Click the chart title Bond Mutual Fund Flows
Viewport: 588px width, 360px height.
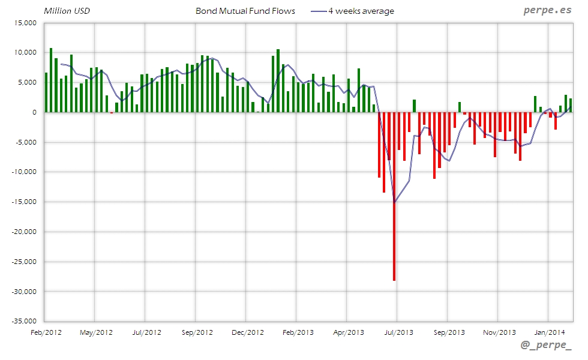[x=245, y=11]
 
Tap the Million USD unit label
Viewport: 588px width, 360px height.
[x=67, y=11]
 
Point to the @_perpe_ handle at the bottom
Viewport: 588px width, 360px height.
[x=546, y=345]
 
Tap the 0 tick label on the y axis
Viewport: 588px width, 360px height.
[x=34, y=112]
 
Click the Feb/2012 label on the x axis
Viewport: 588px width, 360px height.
[x=46, y=332]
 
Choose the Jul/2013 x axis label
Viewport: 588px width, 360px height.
[x=397, y=332]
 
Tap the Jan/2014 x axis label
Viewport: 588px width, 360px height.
[x=548, y=332]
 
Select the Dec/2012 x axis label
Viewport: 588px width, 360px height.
[x=247, y=332]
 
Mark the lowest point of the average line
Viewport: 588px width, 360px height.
[x=394, y=202]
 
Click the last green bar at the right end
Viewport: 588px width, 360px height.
[x=571, y=105]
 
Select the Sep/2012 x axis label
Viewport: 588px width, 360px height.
[x=197, y=332]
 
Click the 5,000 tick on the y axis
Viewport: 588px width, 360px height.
[x=27, y=83]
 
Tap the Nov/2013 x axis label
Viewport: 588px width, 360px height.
[x=499, y=332]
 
